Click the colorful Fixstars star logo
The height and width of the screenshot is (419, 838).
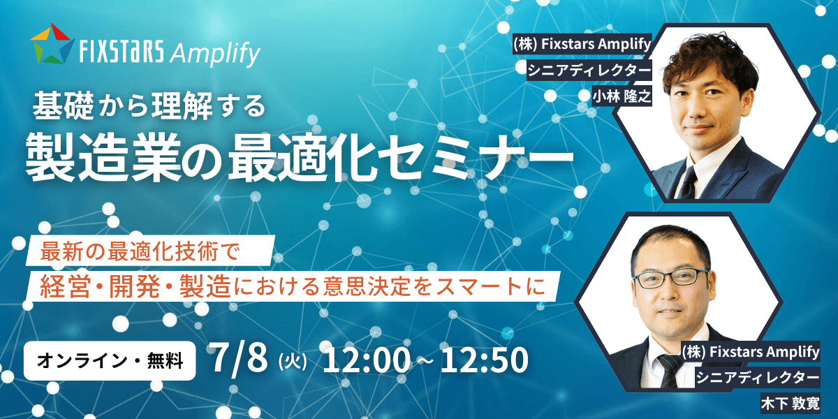click(x=52, y=43)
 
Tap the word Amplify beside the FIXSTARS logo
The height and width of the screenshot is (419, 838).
click(x=215, y=53)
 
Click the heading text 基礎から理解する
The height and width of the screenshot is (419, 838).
click(x=149, y=106)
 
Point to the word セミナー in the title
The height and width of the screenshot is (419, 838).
click(x=480, y=158)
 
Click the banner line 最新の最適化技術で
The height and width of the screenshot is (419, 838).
click(x=139, y=251)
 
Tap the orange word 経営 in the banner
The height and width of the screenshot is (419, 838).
click(x=65, y=286)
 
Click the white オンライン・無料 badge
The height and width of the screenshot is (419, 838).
click(x=110, y=360)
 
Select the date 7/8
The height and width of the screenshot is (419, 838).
click(x=240, y=358)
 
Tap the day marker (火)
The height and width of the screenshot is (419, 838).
click(x=293, y=362)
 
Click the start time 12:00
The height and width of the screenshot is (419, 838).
click(x=367, y=360)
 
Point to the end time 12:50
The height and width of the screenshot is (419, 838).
click(x=485, y=360)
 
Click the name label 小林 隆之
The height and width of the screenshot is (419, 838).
click(x=622, y=96)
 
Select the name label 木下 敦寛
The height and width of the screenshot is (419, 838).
click(x=790, y=404)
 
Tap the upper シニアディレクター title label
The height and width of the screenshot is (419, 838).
click(x=589, y=70)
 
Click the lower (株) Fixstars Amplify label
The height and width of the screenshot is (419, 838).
click(x=751, y=352)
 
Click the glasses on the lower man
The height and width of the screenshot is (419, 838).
click(x=670, y=279)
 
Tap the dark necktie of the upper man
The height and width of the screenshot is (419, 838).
click(x=689, y=182)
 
